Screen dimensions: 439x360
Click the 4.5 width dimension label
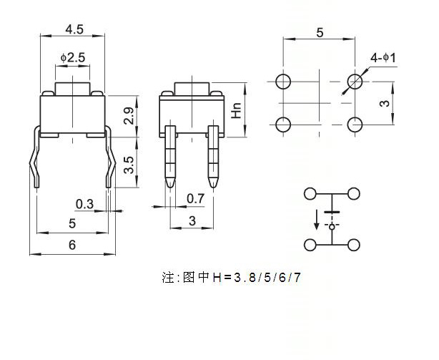[74, 29]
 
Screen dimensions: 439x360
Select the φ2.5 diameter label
[72, 58]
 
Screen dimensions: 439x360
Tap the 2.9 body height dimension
[129, 116]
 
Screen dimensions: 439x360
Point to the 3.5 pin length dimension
[129, 165]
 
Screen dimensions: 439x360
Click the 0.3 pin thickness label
[84, 204]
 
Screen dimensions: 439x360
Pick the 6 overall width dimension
[72, 245]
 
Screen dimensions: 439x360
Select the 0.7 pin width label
[195, 199]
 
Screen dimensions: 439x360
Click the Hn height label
[237, 110]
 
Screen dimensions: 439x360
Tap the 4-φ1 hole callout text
[383, 58]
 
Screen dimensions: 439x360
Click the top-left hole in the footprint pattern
[283, 82]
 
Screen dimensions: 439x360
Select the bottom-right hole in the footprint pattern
[355, 125]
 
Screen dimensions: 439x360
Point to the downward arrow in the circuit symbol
[317, 220]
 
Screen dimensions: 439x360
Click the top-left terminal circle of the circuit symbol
[310, 193]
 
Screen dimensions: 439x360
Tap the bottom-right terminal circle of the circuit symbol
[354, 245]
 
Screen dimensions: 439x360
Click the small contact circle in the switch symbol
[332, 227]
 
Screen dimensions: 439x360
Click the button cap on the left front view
[72, 89]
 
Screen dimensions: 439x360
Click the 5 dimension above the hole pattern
[320, 33]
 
